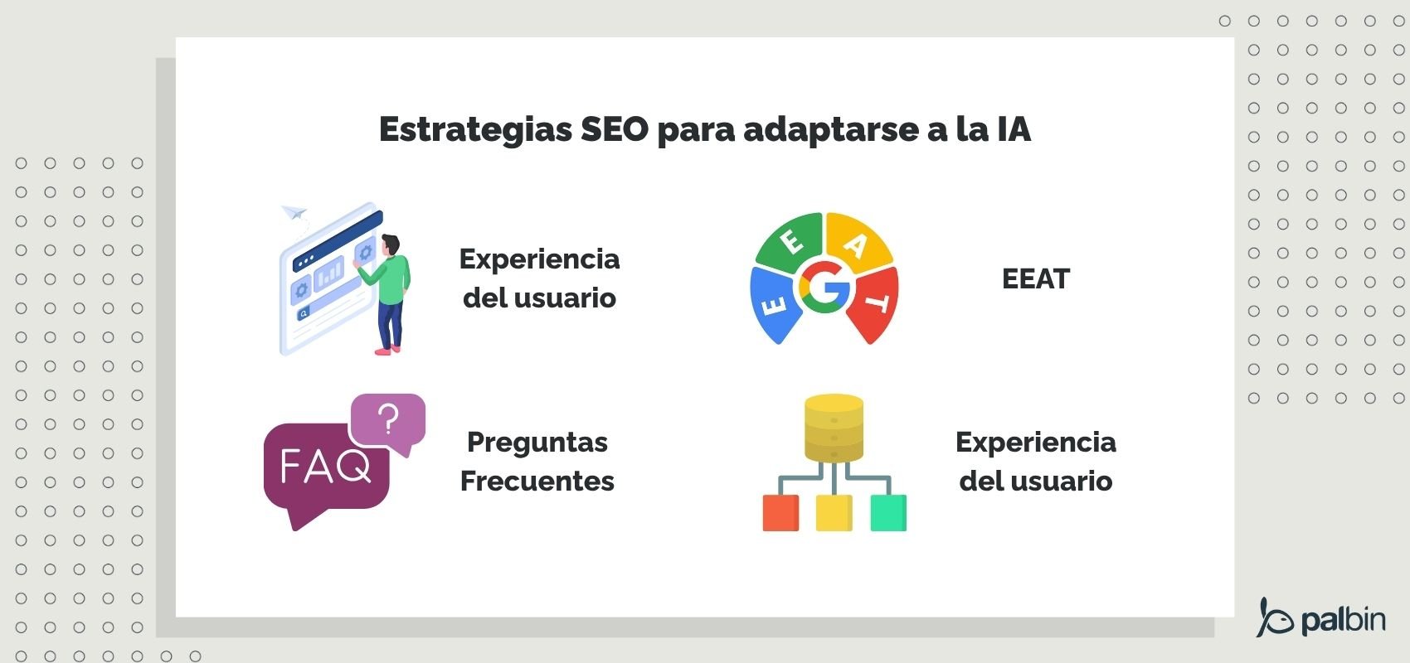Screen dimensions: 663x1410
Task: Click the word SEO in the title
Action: coord(614,130)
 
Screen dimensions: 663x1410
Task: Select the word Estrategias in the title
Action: coord(475,130)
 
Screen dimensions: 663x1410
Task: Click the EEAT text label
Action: coord(1035,279)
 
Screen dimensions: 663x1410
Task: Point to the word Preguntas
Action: coord(537,442)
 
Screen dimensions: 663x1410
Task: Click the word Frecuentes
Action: coord(537,481)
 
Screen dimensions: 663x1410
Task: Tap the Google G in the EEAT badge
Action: coord(824,288)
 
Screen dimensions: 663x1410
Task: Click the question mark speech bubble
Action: coord(388,420)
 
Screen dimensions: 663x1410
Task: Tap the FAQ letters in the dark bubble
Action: coord(324,467)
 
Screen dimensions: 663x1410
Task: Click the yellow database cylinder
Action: coord(834,428)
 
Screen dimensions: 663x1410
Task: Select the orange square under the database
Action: coord(780,513)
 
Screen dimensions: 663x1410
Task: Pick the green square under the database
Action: coord(888,513)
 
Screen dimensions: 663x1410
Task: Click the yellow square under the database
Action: coord(834,513)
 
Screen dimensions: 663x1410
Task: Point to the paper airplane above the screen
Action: coord(294,213)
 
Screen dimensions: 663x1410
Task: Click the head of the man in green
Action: coord(390,245)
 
